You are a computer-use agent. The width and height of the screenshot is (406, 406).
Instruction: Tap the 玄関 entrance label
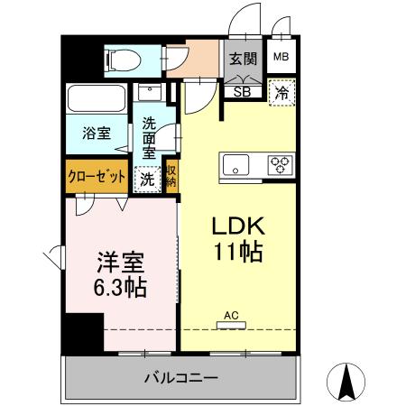pyautogui.click(x=241, y=60)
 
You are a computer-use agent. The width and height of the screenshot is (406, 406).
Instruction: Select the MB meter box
pyautogui.click(x=281, y=60)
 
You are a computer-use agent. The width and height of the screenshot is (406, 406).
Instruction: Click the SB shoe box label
pyautogui.click(x=242, y=89)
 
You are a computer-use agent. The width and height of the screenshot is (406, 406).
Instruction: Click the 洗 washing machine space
pyautogui.click(x=146, y=178)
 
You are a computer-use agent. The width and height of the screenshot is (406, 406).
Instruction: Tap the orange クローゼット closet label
pyautogui.click(x=97, y=177)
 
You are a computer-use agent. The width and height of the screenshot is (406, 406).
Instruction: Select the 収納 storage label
pyautogui.click(x=171, y=177)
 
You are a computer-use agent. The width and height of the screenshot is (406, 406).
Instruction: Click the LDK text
pyautogui.click(x=237, y=225)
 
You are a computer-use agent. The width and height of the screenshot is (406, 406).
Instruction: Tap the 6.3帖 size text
pyautogui.click(x=122, y=290)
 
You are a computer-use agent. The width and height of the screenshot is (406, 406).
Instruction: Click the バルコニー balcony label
pyautogui.click(x=180, y=376)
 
